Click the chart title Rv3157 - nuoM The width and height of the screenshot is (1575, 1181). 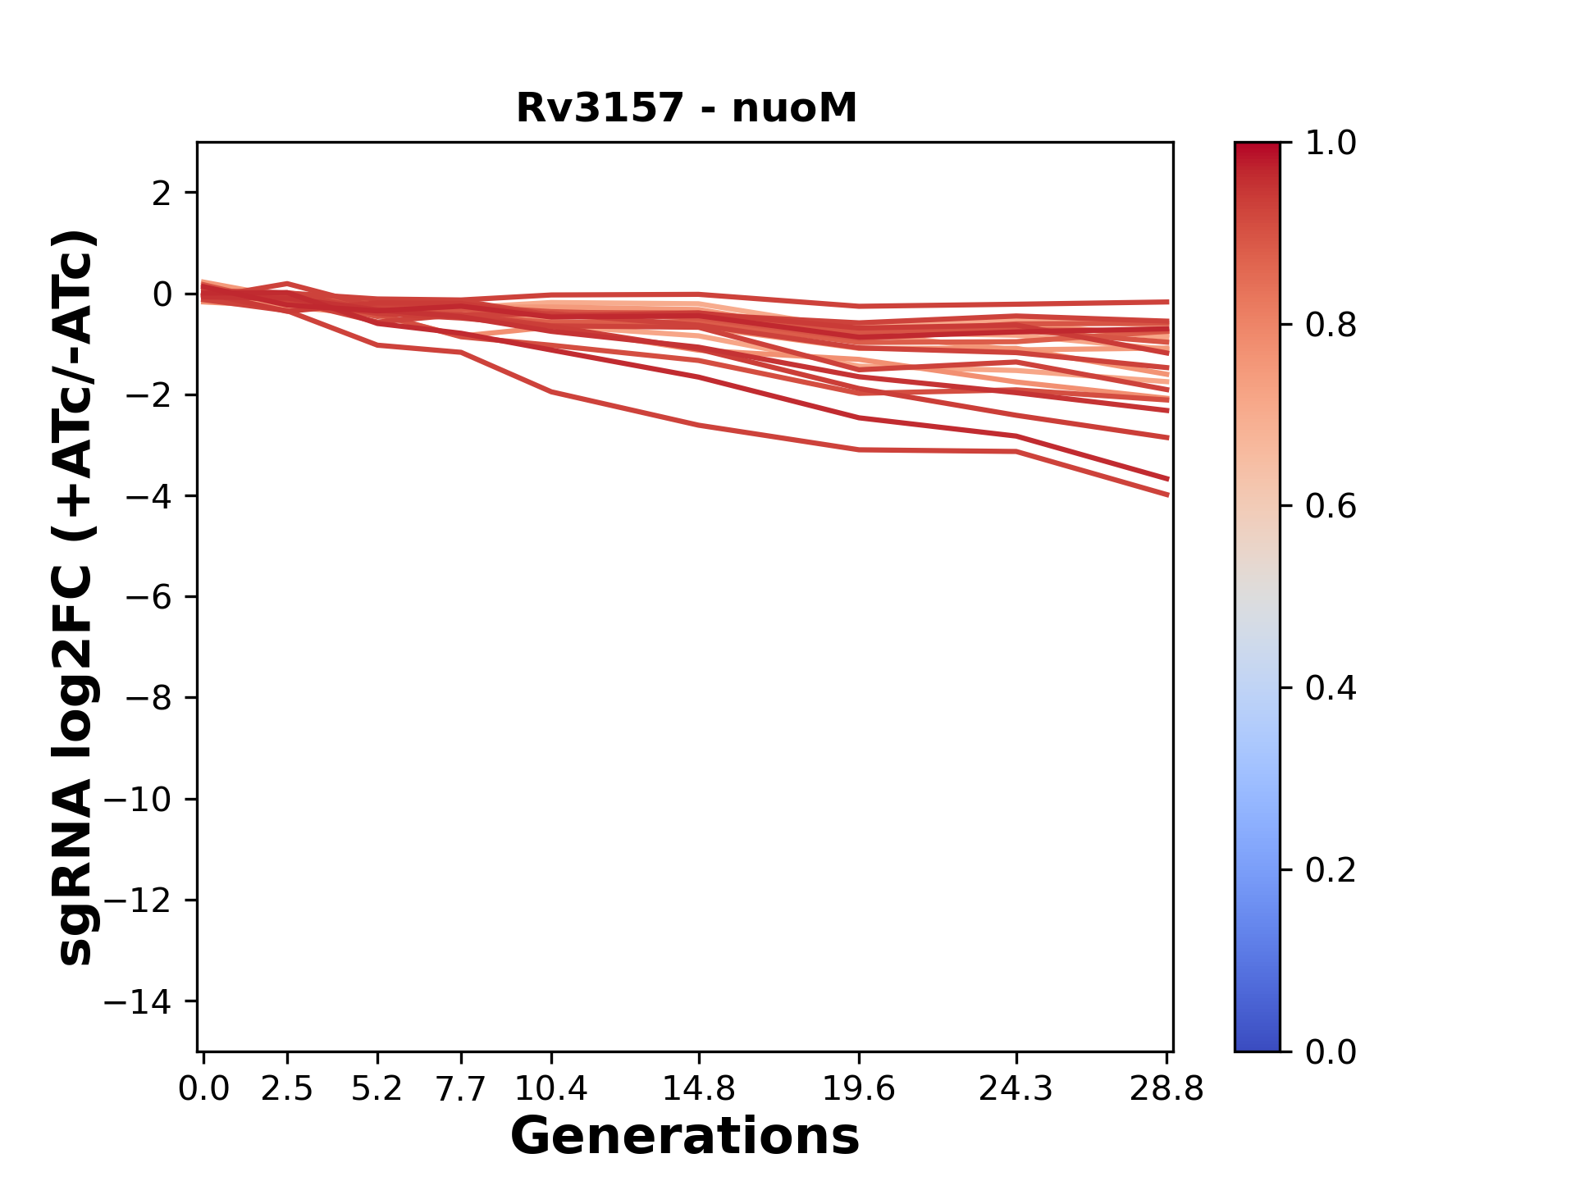[686, 108]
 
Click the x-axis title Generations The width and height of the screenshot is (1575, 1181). [685, 1137]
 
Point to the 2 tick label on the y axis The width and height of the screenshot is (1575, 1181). [162, 194]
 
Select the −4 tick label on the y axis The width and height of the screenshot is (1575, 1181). [148, 496]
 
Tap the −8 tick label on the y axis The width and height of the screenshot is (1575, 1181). [148, 699]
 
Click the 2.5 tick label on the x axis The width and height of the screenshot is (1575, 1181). [287, 1089]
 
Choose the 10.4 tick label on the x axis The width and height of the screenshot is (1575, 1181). [551, 1089]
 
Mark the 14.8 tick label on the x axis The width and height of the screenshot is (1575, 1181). [698, 1089]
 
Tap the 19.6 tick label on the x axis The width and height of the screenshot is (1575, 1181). [859, 1089]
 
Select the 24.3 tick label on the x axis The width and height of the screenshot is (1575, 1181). [1016, 1089]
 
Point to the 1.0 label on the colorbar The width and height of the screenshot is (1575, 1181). [1331, 144]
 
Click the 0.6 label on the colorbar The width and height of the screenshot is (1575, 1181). [1331, 507]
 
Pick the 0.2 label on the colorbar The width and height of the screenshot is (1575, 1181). [1331, 870]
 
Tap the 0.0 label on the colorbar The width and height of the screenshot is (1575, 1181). [1331, 1051]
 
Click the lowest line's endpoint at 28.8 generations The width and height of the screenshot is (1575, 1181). [1167, 495]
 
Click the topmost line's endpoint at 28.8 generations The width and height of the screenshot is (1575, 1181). [1167, 302]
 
